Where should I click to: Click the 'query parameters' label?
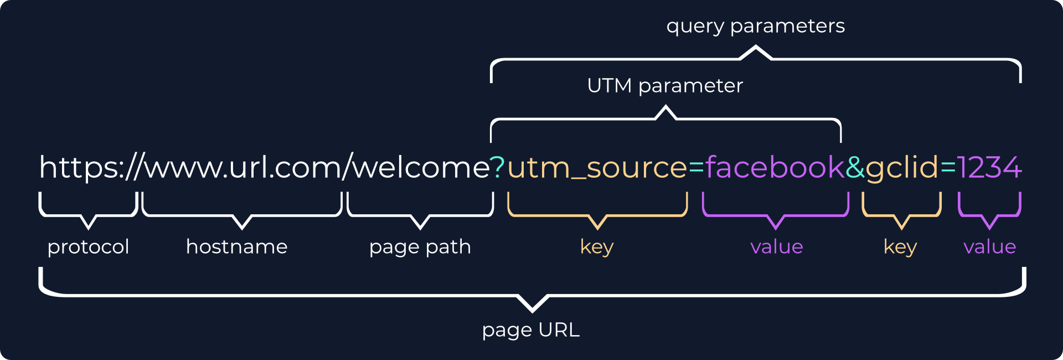click(x=755, y=26)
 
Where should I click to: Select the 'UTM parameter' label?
click(x=664, y=86)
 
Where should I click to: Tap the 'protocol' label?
click(x=88, y=246)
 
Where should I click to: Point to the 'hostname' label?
click(x=236, y=246)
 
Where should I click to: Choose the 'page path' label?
click(x=420, y=246)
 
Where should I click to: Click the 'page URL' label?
click(x=530, y=330)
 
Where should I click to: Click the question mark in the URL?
click(x=498, y=167)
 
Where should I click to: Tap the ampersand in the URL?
click(x=855, y=167)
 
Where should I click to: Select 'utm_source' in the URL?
click(x=597, y=168)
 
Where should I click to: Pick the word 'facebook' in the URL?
click(x=775, y=167)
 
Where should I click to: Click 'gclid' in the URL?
click(x=902, y=168)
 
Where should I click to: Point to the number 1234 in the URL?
click(x=989, y=167)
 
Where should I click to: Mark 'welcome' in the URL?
click(x=421, y=167)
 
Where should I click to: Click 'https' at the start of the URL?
click(x=78, y=167)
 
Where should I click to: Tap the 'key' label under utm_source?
click(x=596, y=246)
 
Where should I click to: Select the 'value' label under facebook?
click(x=776, y=246)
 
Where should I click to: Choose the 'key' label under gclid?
click(x=900, y=246)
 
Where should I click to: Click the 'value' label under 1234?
click(x=989, y=246)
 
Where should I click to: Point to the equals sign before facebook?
click(x=696, y=167)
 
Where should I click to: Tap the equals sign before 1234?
click(x=948, y=167)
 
